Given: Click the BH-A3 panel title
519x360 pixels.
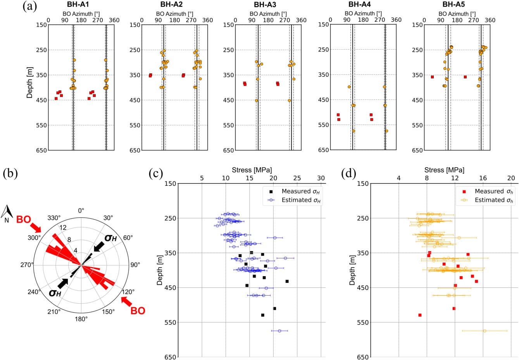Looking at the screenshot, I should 265,5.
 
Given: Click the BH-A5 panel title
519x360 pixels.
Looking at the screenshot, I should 453,5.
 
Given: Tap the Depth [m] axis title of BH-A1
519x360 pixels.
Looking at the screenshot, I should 29,82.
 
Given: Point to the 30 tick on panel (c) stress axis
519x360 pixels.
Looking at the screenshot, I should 321,178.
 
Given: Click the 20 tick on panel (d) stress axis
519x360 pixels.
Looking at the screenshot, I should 511,178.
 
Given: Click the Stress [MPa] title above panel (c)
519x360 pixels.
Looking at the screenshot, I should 252,170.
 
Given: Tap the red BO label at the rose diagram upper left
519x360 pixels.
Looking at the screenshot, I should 23,220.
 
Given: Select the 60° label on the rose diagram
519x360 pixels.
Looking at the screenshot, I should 128,237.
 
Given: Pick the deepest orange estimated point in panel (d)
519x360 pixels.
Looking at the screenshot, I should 485,331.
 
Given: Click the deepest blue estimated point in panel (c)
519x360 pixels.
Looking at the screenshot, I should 279,331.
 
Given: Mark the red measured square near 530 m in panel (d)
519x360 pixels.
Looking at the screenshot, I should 420,315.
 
